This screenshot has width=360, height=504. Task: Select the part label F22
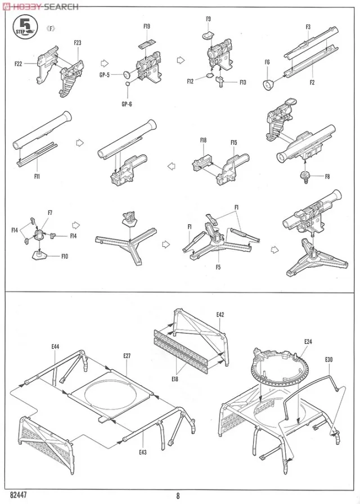pyautogui.click(x=19, y=64)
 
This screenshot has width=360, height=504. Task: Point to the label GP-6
pyautogui.click(x=127, y=103)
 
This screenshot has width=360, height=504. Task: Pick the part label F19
pyautogui.click(x=147, y=26)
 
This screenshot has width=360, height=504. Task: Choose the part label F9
pyautogui.click(x=208, y=19)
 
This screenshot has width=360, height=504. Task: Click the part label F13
pyautogui.click(x=242, y=83)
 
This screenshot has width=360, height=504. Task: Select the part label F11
pyautogui.click(x=37, y=176)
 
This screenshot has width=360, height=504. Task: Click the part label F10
pyautogui.click(x=65, y=256)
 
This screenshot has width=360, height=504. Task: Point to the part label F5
pyautogui.click(x=218, y=267)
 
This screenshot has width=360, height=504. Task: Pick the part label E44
pyautogui.click(x=55, y=346)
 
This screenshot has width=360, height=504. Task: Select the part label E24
pyautogui.click(x=308, y=341)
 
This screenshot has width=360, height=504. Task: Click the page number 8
pyautogui.click(x=178, y=496)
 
